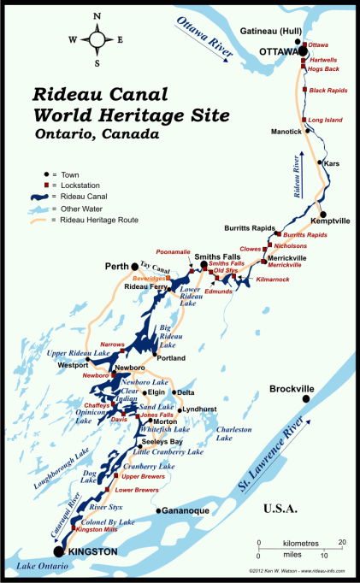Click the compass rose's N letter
[96, 16]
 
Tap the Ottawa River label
[205, 39]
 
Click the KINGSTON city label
[92, 552]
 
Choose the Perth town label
[115, 266]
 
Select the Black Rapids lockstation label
[327, 90]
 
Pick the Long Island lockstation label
[325, 121]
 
